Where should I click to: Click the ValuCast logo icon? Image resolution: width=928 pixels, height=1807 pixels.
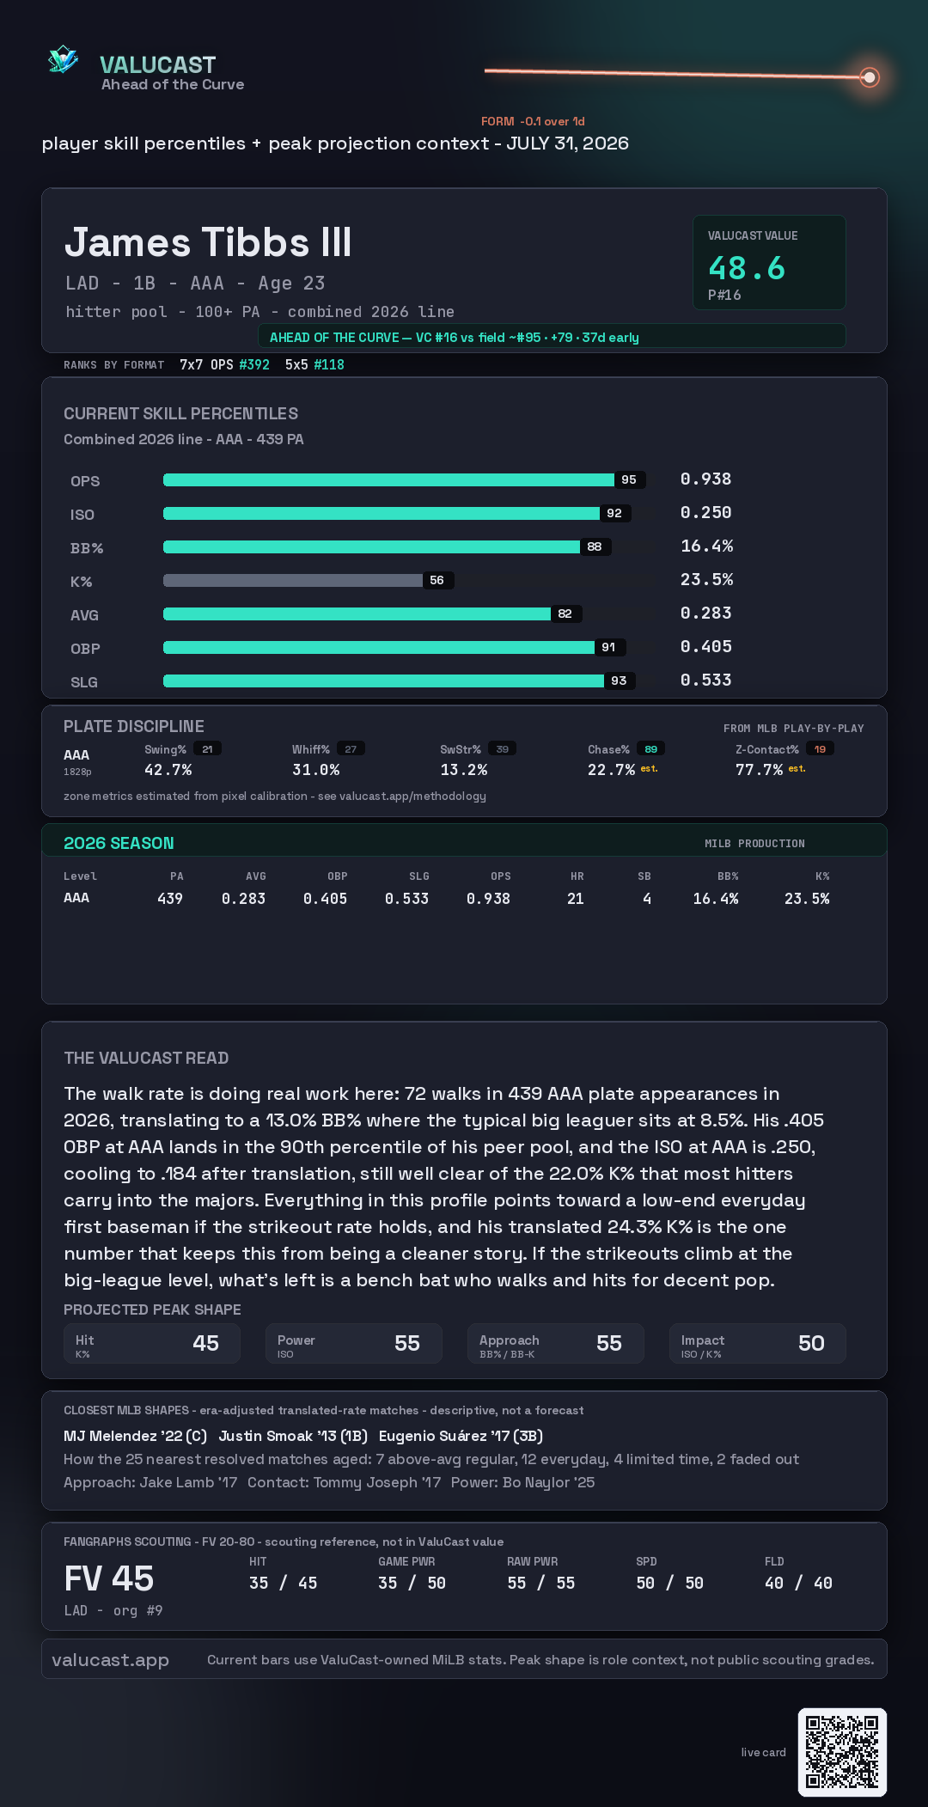[x=64, y=59]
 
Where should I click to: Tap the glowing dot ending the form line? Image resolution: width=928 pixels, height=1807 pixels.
[x=870, y=77]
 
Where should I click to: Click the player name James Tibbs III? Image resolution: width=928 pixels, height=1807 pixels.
[x=208, y=242]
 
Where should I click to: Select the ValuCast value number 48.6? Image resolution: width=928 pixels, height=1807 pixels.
[x=747, y=268]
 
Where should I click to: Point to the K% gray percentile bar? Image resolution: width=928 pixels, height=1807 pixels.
[x=293, y=580]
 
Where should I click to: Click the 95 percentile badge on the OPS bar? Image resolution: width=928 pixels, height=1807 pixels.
[x=629, y=479]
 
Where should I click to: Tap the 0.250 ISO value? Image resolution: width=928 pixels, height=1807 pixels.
[x=705, y=512]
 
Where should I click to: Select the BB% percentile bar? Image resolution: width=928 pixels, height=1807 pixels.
[x=371, y=546]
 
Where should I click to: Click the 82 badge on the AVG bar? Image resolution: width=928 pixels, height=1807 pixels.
[x=565, y=614]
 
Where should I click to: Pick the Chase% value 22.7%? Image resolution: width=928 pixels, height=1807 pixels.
[x=611, y=770]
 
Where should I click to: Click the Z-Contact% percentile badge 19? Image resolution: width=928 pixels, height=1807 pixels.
[x=820, y=749]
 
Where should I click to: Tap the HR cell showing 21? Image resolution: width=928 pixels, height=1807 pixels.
[x=576, y=899]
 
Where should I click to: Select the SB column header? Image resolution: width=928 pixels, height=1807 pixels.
[x=644, y=876]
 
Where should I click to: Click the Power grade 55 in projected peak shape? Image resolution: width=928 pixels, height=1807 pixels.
[x=407, y=1343]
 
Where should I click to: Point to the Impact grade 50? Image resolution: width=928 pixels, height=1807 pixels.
[x=811, y=1343]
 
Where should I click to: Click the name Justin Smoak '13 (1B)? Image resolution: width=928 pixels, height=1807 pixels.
[x=293, y=1436]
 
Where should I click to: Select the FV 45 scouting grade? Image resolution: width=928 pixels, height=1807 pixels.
[x=109, y=1578]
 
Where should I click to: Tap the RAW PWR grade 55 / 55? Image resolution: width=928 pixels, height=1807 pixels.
[x=541, y=1583]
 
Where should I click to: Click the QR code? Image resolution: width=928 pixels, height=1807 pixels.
[x=842, y=1752]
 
